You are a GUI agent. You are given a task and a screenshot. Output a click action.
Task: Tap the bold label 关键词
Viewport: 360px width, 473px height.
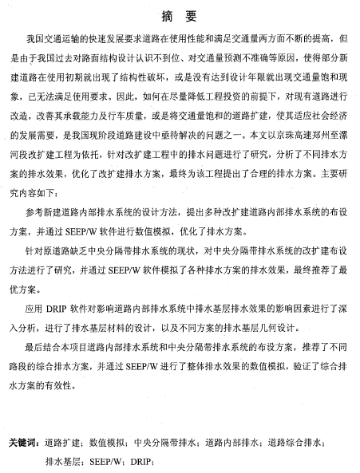22,442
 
